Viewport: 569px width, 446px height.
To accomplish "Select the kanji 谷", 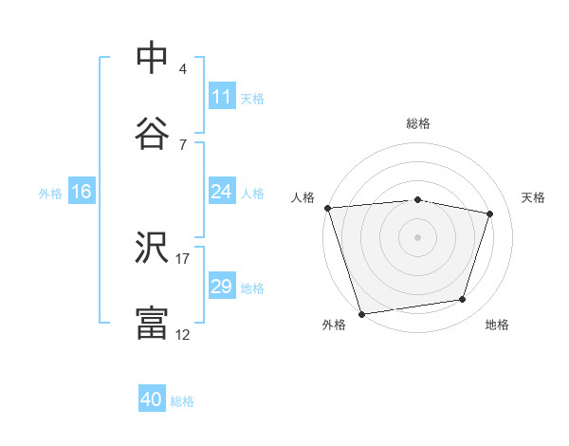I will click(x=152, y=133).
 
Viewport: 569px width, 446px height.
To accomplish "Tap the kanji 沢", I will click(x=152, y=249).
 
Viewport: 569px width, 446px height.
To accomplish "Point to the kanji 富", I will click(x=152, y=324).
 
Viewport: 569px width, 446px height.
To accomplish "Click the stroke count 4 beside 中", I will click(x=183, y=69).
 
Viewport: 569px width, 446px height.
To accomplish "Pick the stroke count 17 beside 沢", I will click(x=183, y=258).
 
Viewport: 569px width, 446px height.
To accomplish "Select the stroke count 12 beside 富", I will click(x=183, y=334).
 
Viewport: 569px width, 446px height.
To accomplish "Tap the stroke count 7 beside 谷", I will click(x=183, y=144).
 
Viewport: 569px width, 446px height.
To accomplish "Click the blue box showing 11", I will click(x=222, y=97).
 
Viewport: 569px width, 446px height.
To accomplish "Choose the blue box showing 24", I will click(x=222, y=192).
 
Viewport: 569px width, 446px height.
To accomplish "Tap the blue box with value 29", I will click(x=222, y=287).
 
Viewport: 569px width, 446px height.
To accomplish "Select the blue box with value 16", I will click(x=82, y=192).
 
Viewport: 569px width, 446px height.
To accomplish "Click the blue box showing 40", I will click(x=152, y=400).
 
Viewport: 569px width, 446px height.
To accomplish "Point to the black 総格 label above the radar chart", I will click(x=418, y=123).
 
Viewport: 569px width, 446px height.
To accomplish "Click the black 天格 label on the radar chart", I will click(x=533, y=197).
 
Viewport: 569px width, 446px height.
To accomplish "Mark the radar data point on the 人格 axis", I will click(x=327, y=208).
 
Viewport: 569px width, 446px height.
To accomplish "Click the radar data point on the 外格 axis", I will click(x=361, y=313).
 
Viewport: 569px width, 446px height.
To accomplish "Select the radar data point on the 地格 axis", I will click(x=463, y=300).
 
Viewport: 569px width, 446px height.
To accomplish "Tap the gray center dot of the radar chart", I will click(x=418, y=237).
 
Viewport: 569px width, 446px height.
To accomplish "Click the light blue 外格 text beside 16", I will click(x=50, y=193).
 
